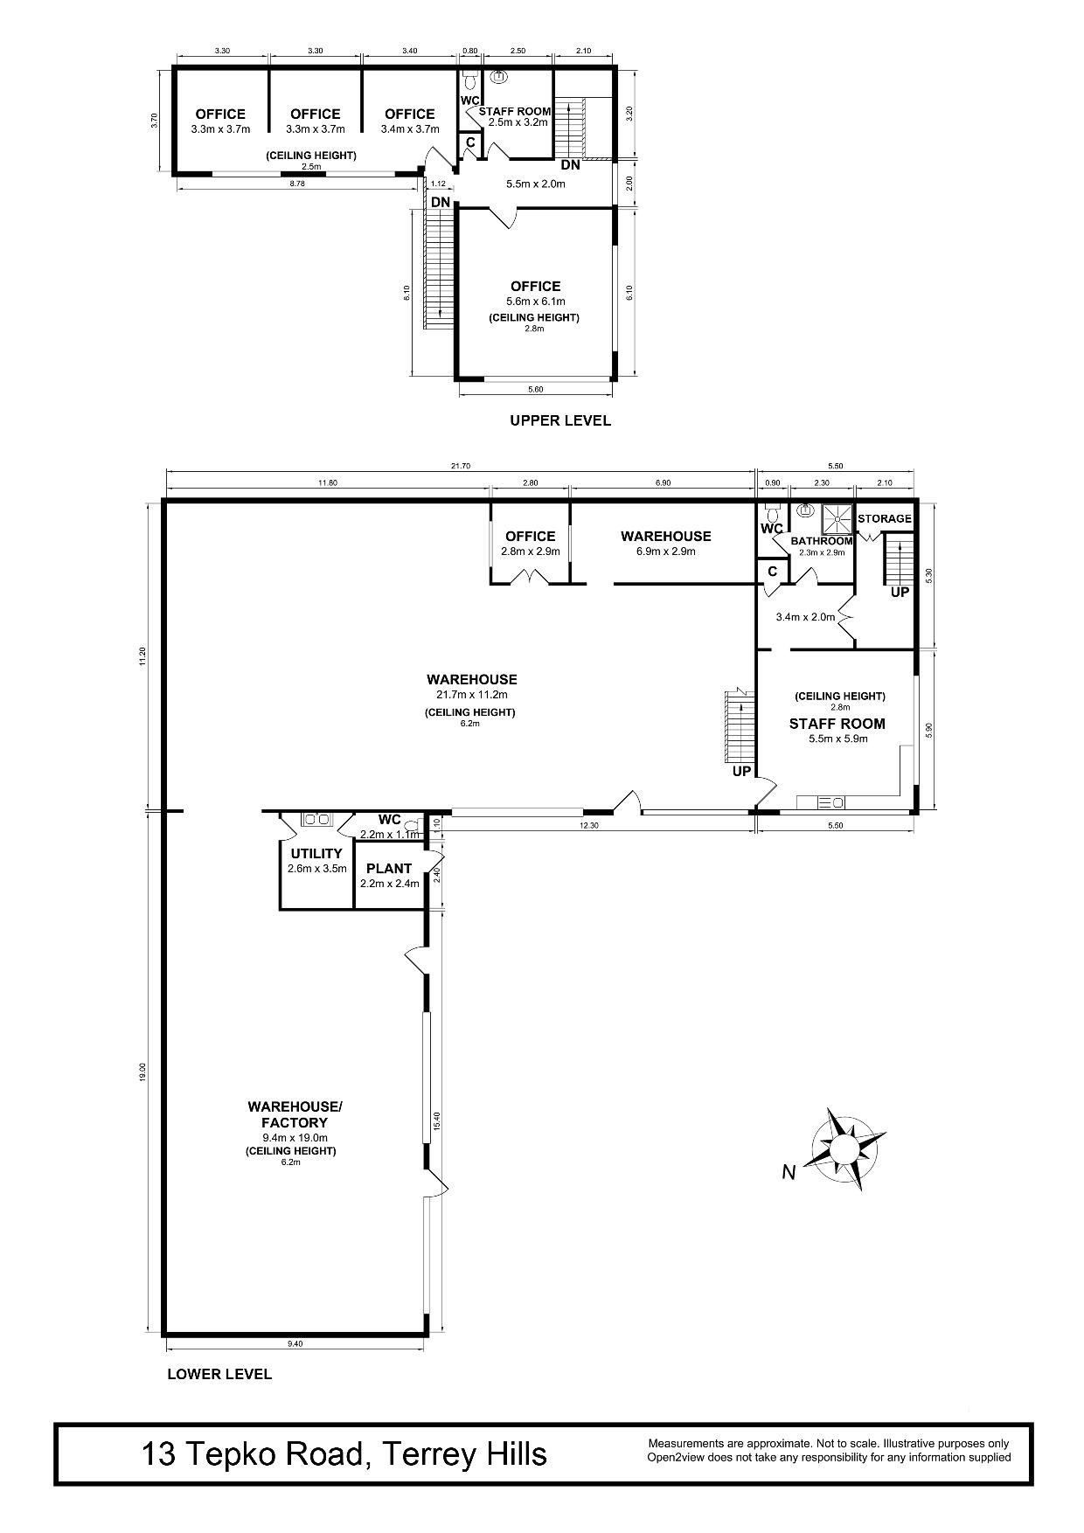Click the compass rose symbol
844,1148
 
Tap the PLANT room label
389,869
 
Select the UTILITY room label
316,854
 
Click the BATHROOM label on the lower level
822,541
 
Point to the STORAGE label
884,518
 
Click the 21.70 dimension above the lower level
461,467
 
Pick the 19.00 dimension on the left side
142,1072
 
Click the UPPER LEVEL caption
560,420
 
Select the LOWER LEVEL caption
219,1374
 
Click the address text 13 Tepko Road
254,1454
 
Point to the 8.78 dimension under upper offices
295,184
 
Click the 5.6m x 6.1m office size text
536,302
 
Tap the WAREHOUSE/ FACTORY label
295,1114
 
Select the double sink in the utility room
315,820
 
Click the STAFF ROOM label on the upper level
515,111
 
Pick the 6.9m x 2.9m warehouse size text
666,551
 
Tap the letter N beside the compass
789,1173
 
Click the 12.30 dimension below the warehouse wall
589,825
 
